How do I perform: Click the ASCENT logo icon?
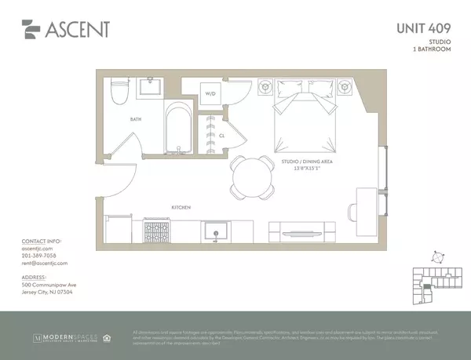[x=31, y=31]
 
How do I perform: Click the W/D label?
[x=210, y=94]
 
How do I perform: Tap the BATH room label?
[x=136, y=119]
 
